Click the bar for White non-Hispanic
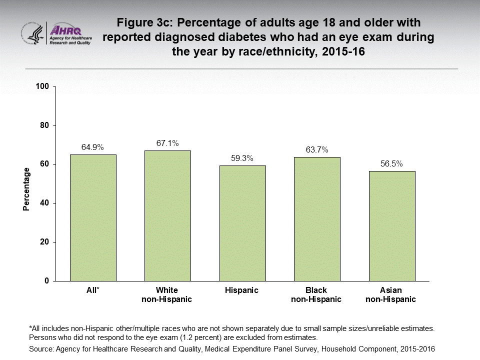167,215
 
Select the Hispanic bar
242,223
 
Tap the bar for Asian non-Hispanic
391,226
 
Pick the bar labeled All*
93,217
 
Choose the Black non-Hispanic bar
317,219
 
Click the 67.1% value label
167,143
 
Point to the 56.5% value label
391,163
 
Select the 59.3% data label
242,158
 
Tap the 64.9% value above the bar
93,147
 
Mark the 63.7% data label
317,149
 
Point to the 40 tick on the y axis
44,203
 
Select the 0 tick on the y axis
46,281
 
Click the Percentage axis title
26,189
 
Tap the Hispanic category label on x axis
242,290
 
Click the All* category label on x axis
93,290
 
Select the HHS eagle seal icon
33,33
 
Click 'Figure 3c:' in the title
144,23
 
